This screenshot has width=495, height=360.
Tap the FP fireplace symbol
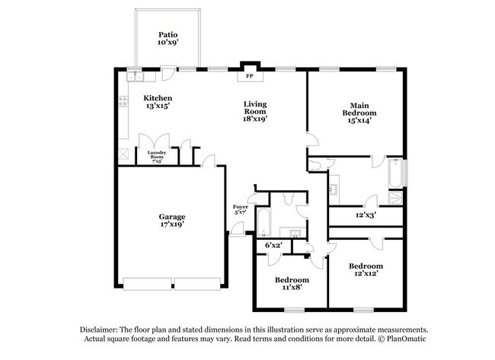(249, 76)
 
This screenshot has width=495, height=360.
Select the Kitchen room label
(158, 98)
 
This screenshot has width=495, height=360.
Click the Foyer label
(240, 206)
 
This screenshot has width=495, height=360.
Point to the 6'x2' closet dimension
(273, 245)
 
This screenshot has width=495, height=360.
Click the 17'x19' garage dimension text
(172, 225)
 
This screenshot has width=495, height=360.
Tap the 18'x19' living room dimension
(254, 119)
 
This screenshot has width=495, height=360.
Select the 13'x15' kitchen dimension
(158, 107)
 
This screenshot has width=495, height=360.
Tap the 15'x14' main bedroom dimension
(359, 119)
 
